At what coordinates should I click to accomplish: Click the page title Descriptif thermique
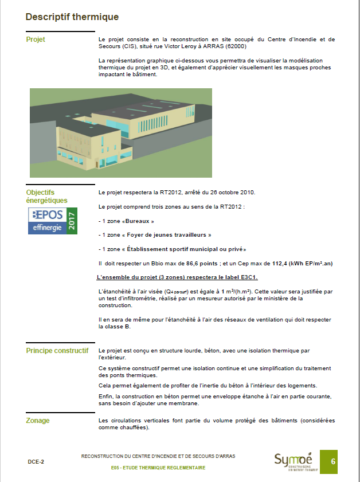pos(72,17)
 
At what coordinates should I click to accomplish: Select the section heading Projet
pos(36,40)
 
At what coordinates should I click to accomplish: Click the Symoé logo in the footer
pos(293,460)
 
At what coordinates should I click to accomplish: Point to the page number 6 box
pos(333,461)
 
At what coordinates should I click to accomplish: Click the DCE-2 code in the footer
pos(36,461)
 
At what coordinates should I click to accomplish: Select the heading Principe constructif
pos(57,350)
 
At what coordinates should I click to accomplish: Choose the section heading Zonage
pos(38,421)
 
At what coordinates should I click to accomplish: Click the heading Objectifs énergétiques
pos(46,197)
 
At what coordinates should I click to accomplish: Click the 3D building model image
pos(120,132)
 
